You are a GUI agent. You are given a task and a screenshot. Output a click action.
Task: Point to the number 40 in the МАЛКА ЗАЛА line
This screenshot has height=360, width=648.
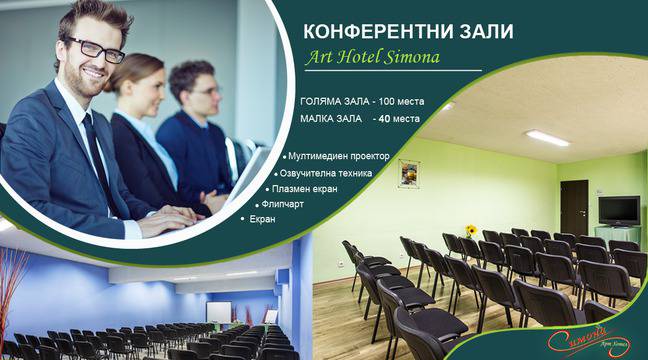378,120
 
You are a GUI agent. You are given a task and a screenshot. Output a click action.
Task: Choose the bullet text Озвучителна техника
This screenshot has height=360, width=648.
327,172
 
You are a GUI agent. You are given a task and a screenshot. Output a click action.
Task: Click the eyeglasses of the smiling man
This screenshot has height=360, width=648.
96,51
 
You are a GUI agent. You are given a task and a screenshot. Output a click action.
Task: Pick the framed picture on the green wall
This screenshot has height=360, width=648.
408,173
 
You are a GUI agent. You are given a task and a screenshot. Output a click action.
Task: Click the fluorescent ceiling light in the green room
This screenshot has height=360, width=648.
547,138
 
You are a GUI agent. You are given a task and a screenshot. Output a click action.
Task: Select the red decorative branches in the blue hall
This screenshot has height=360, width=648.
14,284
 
